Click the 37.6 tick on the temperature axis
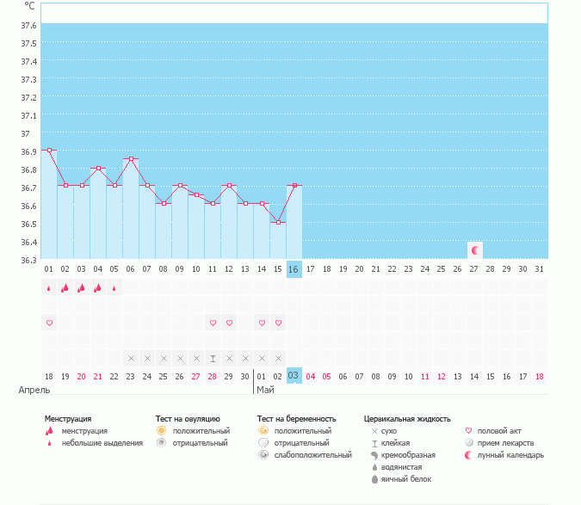click(x=28, y=25)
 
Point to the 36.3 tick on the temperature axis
click(x=28, y=260)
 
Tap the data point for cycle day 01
click(x=49, y=150)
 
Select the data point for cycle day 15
click(x=278, y=222)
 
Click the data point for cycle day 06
click(x=131, y=158)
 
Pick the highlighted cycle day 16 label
click(x=294, y=269)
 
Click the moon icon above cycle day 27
click(x=475, y=249)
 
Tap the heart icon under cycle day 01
click(x=49, y=323)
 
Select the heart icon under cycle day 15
click(x=278, y=323)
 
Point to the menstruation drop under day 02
click(x=65, y=288)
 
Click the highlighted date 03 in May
click(x=294, y=376)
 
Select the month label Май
click(x=267, y=390)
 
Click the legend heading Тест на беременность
click(x=296, y=419)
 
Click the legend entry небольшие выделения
click(x=102, y=443)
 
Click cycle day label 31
click(x=540, y=269)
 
